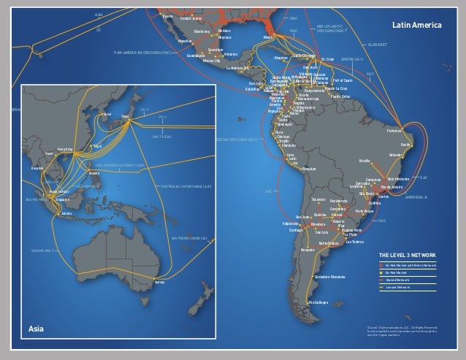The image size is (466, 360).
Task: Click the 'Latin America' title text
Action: pyautogui.click(x=417, y=26)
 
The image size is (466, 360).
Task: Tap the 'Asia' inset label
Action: pyautogui.click(x=37, y=329)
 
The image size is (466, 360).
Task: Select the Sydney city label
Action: pyautogui.click(x=160, y=281)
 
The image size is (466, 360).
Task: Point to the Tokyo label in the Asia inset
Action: pyautogui.click(x=124, y=115)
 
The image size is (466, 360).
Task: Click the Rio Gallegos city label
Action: pyautogui.click(x=319, y=301)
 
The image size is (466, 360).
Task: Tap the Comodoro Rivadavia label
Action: pyautogui.click(x=330, y=277)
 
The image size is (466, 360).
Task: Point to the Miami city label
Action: pyautogui.click(x=268, y=37)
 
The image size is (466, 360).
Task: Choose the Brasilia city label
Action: pyautogui.click(x=365, y=159)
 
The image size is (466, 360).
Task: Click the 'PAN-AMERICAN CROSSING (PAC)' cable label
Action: pyautogui.click(x=145, y=53)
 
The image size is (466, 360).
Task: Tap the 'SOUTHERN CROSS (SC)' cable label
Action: pyautogui.click(x=191, y=237)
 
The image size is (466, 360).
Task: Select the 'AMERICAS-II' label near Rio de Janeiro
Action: pyautogui.click(x=415, y=196)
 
